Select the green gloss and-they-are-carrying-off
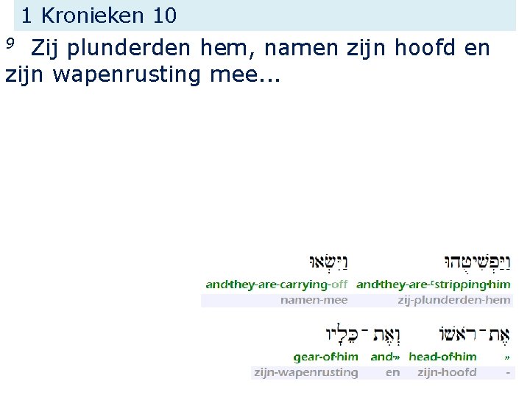click(277, 284)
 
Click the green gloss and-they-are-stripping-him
click(433, 284)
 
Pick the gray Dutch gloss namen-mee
click(314, 300)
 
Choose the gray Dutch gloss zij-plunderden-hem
click(453, 300)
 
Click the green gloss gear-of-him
click(325, 357)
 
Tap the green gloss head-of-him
click(442, 357)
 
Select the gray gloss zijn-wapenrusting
click(305, 372)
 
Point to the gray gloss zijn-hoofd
click(447, 372)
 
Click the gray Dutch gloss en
click(393, 372)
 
